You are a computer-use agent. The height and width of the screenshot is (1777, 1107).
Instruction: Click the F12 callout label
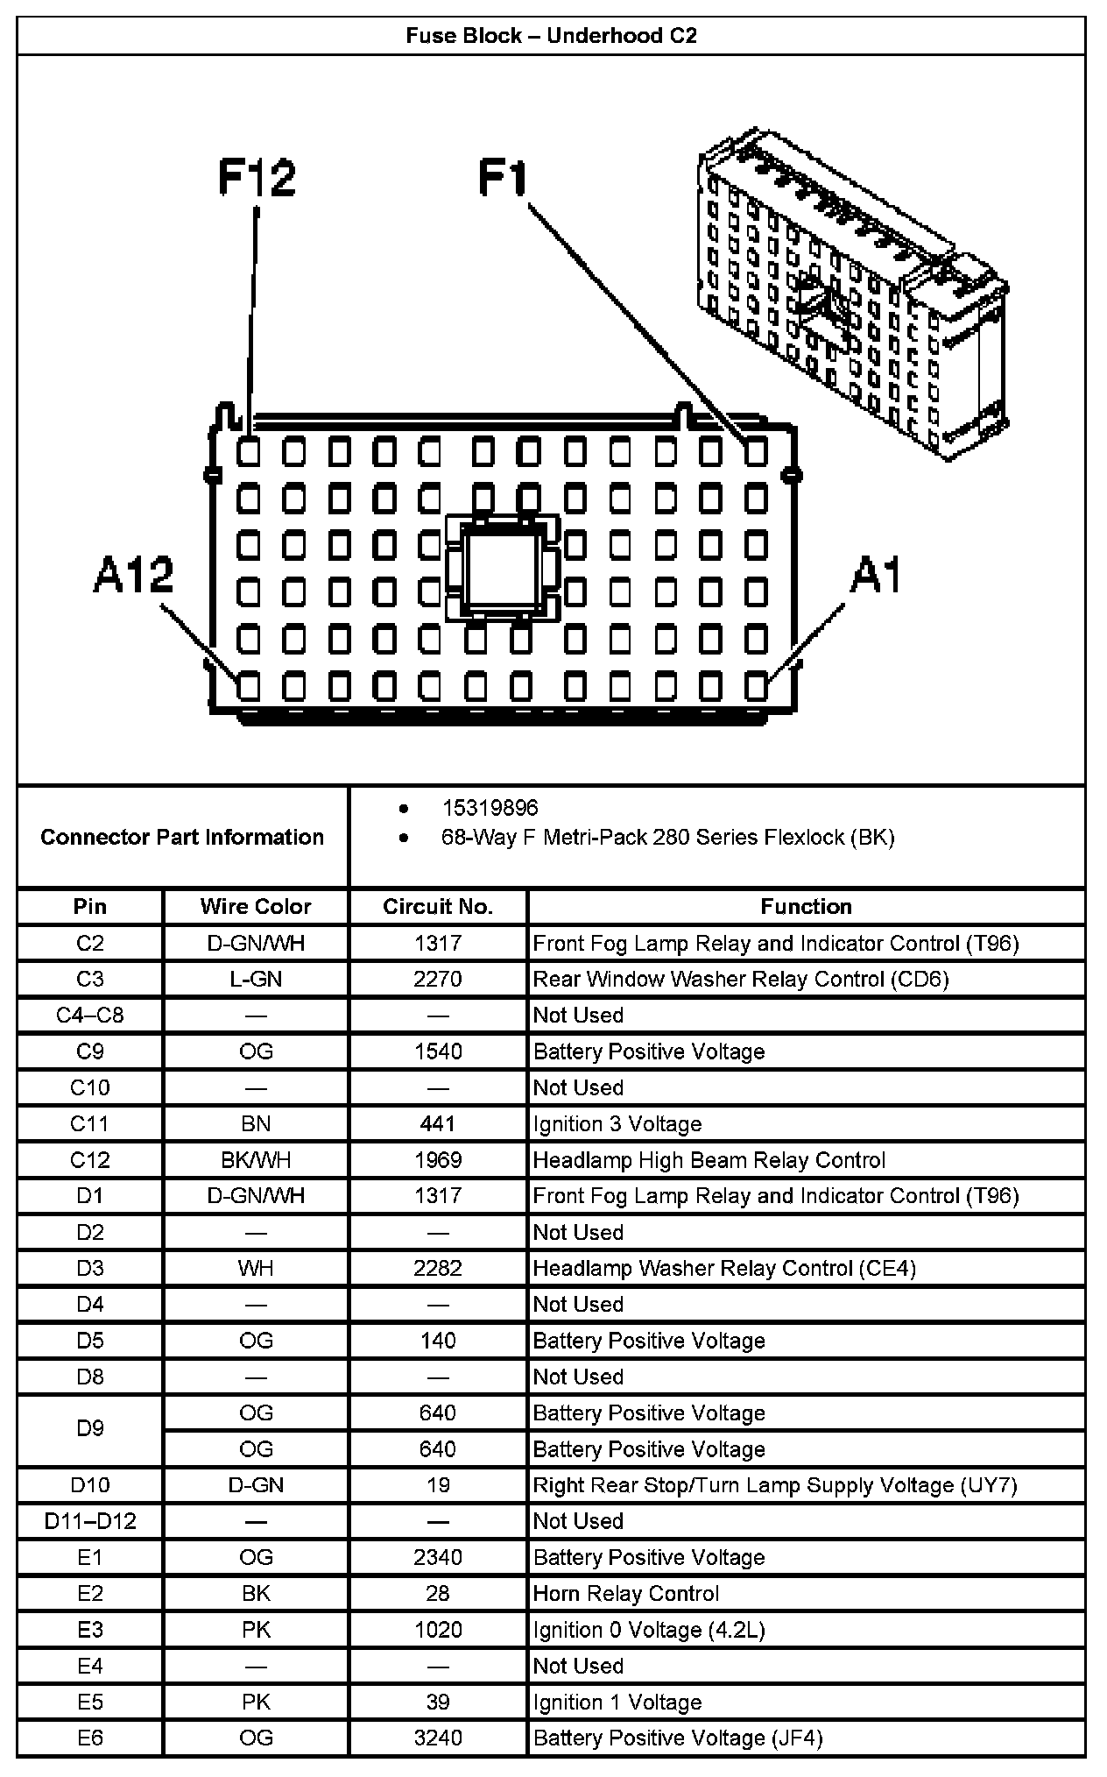point(257,178)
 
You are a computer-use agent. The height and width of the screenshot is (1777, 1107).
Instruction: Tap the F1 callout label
point(504,178)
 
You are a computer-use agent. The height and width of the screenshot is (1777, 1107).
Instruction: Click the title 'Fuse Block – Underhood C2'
point(551,36)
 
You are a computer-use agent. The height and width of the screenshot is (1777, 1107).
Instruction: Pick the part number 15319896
point(490,808)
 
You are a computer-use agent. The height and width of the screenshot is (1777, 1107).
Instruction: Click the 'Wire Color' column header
point(256,906)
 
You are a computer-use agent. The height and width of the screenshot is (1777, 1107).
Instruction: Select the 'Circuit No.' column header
point(438,906)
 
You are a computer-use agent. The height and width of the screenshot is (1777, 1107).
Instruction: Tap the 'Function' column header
point(806,906)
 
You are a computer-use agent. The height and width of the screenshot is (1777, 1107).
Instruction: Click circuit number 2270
point(438,979)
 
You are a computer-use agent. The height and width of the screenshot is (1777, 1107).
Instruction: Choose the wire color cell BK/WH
point(256,1160)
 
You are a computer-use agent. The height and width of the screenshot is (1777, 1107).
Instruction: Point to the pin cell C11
point(90,1124)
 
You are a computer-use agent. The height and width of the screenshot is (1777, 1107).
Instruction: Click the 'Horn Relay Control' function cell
point(626,1593)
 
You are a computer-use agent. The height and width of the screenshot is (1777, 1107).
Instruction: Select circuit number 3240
point(438,1738)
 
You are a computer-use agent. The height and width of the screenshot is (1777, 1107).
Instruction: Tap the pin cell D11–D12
point(90,1521)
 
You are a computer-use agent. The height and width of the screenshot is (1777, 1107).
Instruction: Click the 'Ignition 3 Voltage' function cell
point(617,1124)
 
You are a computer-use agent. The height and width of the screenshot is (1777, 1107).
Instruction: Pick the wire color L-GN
point(256,979)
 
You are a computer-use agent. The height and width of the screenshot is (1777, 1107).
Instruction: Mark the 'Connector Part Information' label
point(182,837)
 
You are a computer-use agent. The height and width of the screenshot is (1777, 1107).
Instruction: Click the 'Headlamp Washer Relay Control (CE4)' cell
point(724,1268)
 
